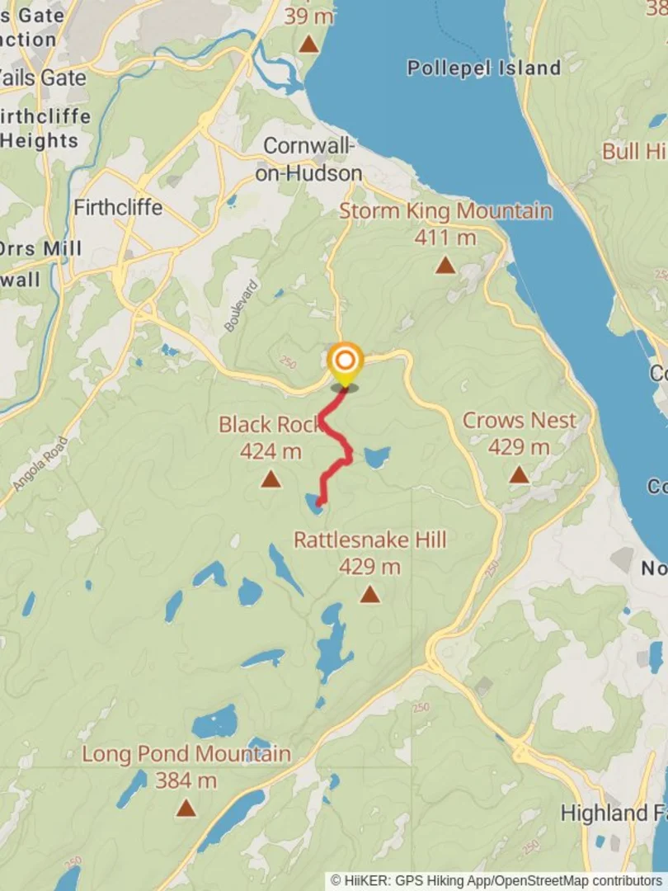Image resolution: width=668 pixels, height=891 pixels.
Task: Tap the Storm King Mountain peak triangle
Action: (x=445, y=266)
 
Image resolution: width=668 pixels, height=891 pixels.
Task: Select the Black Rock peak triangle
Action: (x=270, y=479)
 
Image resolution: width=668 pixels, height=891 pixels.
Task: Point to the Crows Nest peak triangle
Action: (x=518, y=475)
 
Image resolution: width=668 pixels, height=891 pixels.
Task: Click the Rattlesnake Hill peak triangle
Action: (x=369, y=594)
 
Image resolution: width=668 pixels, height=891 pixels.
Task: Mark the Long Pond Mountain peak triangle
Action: (x=186, y=808)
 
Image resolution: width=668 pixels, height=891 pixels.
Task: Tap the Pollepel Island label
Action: (x=483, y=68)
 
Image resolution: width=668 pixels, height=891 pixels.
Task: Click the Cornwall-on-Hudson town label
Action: (x=313, y=159)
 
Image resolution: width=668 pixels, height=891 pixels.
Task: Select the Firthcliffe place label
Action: (x=118, y=206)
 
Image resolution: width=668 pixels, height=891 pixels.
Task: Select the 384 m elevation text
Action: (x=186, y=780)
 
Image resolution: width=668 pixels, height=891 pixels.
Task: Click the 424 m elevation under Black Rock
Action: (x=270, y=451)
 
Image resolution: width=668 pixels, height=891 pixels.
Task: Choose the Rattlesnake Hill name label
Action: (x=370, y=540)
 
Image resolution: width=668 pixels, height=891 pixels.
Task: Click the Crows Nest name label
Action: (x=519, y=420)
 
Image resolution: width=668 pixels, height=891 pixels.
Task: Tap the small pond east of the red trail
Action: (x=377, y=457)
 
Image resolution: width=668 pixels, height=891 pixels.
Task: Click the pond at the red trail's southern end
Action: (x=313, y=504)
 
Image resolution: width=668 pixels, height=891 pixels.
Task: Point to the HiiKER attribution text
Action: (x=496, y=881)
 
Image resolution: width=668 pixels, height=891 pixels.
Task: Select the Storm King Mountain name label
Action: (x=445, y=211)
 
